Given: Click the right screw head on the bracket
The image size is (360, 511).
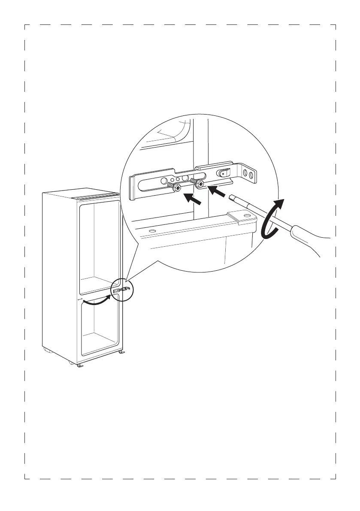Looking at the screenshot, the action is coord(201,184).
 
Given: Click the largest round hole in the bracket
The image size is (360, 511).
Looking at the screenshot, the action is coord(186,178).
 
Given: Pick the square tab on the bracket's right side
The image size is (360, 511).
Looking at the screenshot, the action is coord(222,173).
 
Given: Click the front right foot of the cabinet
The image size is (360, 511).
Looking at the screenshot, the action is coord(122,352).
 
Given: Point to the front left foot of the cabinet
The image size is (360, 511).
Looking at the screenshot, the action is coord(80,366).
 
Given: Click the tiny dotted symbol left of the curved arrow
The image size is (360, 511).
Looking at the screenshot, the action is coord(80,299).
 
